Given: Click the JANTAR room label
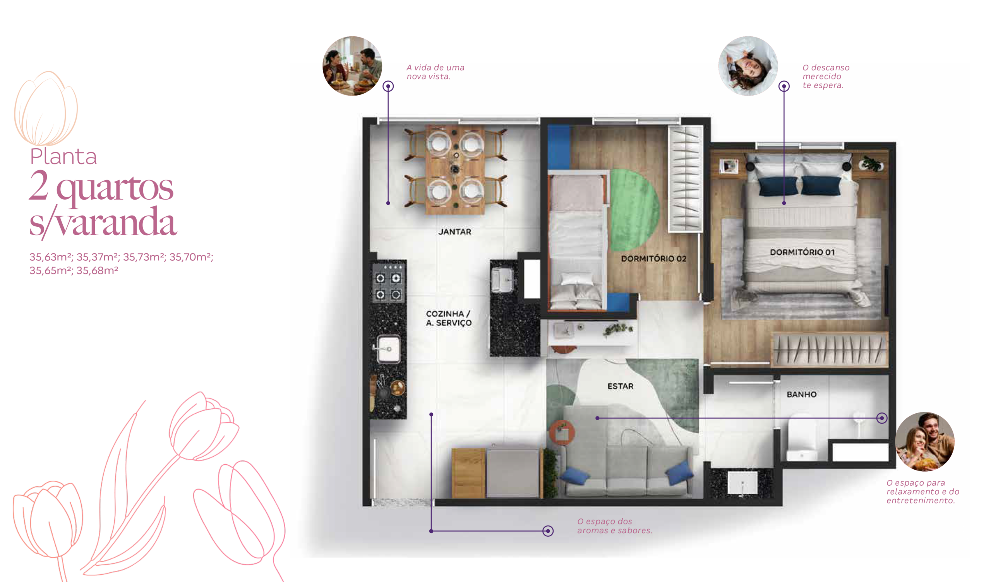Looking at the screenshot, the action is pos(454,232).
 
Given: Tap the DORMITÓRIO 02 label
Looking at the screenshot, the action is pos(653,258).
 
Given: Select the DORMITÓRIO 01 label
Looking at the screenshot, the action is pos(802,252).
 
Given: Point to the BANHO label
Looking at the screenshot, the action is pos(801,394).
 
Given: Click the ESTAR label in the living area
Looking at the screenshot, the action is pos(620,386).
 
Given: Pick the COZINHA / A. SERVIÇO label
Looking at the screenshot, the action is pos(449,318).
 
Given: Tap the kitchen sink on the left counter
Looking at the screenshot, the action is pos(388,348).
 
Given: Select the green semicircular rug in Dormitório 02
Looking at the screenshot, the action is pos(634,210).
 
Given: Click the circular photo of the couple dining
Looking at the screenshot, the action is pos(352,66).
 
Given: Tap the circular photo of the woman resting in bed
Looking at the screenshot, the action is pos(748,66).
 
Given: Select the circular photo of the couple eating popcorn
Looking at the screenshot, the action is pos(924,441).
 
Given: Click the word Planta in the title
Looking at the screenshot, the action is pos(63,156).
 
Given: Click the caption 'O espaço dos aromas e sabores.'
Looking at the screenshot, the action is pos(615,526).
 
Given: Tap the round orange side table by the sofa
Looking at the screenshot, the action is pos(562,433).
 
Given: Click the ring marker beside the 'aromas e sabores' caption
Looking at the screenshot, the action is pos(548,531).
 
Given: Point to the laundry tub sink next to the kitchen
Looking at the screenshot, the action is pos(502,280).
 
